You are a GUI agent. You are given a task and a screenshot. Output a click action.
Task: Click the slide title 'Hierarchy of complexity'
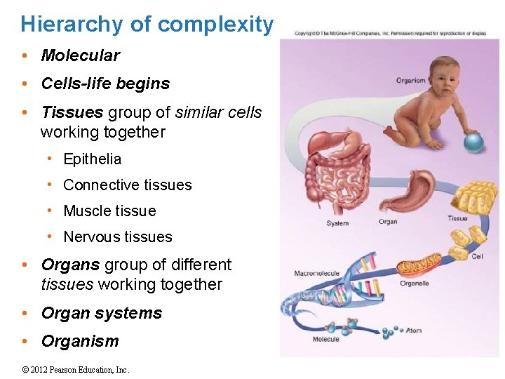(x=147, y=25)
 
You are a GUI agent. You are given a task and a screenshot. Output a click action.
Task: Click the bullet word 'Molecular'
(x=80, y=55)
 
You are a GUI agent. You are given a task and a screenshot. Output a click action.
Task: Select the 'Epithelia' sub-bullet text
(x=92, y=159)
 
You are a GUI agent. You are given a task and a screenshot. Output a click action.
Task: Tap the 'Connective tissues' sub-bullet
(x=127, y=185)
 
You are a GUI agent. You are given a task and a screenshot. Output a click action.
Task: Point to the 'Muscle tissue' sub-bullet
(x=109, y=211)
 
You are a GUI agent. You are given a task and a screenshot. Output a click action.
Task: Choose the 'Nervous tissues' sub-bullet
(x=117, y=237)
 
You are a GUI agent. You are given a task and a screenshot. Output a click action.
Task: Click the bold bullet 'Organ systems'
(x=101, y=313)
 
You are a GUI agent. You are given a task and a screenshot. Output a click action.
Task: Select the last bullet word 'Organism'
(x=80, y=341)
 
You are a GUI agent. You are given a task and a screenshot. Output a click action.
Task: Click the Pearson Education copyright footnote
(x=76, y=370)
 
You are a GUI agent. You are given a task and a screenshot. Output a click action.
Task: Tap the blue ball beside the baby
(x=474, y=142)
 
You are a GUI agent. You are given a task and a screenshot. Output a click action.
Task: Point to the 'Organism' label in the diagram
(x=410, y=80)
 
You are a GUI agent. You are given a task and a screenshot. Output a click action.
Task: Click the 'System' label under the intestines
(x=337, y=224)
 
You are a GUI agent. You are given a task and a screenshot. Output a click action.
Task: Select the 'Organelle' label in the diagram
(x=414, y=284)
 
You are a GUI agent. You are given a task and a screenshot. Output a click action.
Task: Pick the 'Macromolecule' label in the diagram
(x=316, y=273)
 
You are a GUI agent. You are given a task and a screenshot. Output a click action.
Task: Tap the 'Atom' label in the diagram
(x=414, y=330)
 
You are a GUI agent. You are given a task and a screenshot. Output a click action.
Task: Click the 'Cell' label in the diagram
(x=477, y=257)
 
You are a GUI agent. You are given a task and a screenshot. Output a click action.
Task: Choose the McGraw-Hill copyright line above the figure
(x=390, y=33)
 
